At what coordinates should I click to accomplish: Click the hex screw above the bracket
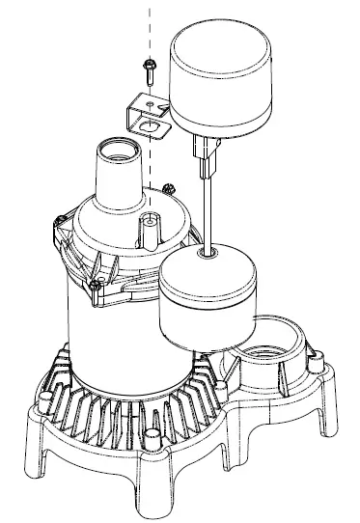click(x=151, y=69)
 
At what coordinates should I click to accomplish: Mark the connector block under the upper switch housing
click(x=206, y=149)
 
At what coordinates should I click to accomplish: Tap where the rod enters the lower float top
click(x=207, y=255)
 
